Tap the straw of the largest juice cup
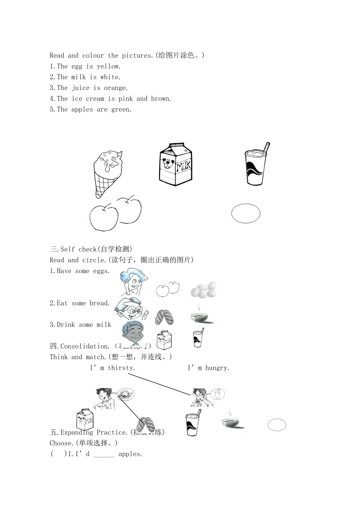tap(266, 147)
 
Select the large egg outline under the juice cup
tap(246, 214)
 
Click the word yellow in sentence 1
tap(108, 66)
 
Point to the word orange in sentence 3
tap(116, 88)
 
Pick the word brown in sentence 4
tap(161, 99)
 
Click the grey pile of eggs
tap(203, 290)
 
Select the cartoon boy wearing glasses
tap(129, 310)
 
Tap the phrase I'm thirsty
tap(112, 368)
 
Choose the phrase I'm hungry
tap(208, 368)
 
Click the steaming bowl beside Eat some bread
tap(201, 316)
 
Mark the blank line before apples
tap(104, 454)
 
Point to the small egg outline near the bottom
tap(277, 425)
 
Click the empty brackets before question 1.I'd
tap(58, 454)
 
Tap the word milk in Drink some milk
tap(103, 325)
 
